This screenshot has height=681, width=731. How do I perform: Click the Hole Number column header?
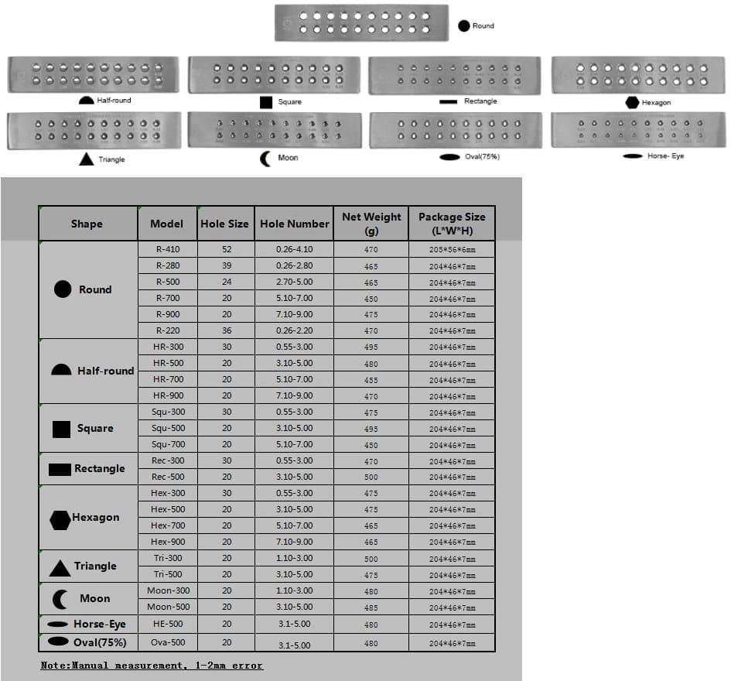pos(295,224)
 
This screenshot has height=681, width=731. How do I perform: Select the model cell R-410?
pos(168,249)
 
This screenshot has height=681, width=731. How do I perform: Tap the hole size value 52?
pos(227,249)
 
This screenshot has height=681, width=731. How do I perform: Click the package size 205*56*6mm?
pos(452,250)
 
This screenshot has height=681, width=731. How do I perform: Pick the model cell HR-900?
pos(168,395)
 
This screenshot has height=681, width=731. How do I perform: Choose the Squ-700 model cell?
pos(168,444)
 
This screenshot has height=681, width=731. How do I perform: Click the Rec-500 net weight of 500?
pos(371,477)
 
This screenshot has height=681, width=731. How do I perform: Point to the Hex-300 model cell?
pos(168,493)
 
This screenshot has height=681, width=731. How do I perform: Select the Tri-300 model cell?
pos(168,558)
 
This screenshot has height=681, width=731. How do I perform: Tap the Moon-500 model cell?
pos(168,607)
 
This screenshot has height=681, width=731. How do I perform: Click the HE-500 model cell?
pos(168,624)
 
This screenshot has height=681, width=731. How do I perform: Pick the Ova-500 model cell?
pos(168,641)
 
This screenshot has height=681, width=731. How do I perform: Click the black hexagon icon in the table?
pos(60,520)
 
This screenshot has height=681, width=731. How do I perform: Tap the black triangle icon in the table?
pos(60,568)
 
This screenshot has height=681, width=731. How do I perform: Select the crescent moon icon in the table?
pos(60,599)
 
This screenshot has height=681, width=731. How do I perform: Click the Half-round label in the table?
pos(105,371)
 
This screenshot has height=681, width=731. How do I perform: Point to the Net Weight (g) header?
pos(371,224)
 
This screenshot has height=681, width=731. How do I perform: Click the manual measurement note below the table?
pos(152,666)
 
